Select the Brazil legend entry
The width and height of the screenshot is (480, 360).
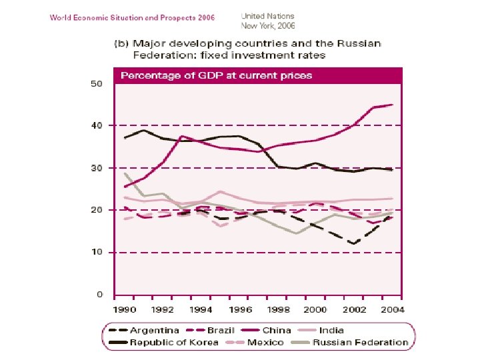tap(221, 330)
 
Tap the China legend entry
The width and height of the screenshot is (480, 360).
tap(277, 330)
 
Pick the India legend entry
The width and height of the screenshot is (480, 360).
tap(331, 330)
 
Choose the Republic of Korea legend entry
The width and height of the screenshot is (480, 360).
tap(173, 342)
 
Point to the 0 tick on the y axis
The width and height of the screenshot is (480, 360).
tap(99, 294)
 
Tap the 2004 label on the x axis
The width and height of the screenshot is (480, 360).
tap(391, 309)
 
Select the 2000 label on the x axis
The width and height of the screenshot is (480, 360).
tap(315, 309)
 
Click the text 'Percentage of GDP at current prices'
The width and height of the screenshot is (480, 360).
tap(216, 75)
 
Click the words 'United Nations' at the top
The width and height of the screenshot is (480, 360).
tap(267, 15)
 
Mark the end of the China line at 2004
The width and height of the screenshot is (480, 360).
tap(391, 105)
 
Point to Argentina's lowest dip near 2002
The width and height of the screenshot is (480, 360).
tap(353, 244)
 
